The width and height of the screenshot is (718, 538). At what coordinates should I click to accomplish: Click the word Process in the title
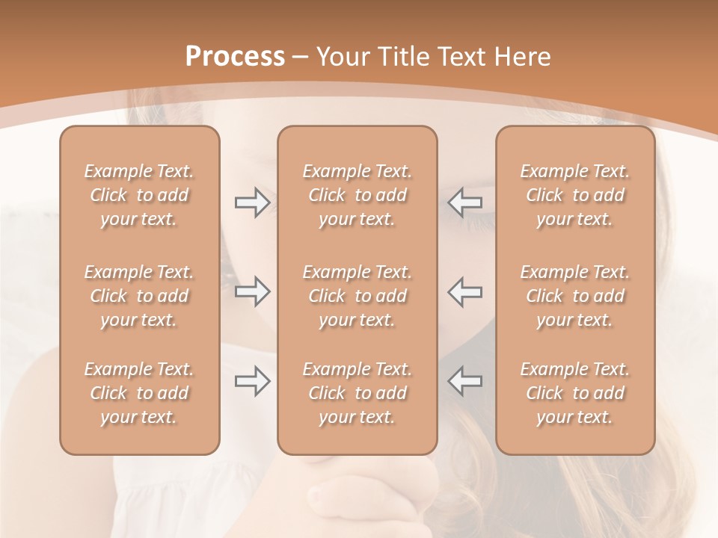tap(235, 57)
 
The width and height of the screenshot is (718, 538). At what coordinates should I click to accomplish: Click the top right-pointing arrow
tap(252, 202)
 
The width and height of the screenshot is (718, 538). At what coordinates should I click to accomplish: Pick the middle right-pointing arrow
tap(252, 291)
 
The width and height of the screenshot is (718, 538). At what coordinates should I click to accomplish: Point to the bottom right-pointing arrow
tap(252, 381)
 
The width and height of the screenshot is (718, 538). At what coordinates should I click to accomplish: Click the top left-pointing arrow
tap(465, 202)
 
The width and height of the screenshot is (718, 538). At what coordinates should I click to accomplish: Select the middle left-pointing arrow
tap(465, 291)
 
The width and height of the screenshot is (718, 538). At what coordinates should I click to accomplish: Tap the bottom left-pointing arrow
tap(465, 381)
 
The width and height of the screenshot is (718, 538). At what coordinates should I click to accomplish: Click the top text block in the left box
tap(139, 195)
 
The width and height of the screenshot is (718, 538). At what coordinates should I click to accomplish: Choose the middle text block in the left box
tap(139, 296)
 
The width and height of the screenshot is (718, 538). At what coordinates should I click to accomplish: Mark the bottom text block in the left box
tap(139, 393)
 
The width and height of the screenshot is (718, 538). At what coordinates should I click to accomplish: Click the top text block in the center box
tap(357, 195)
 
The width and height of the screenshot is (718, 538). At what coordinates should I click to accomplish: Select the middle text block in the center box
tap(357, 296)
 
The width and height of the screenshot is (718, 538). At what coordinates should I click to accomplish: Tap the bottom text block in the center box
tap(357, 393)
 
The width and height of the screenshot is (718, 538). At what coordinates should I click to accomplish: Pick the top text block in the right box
tap(574, 195)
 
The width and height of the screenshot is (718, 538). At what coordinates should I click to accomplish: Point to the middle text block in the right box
tap(574, 296)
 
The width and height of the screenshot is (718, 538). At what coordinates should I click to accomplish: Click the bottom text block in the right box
tap(574, 393)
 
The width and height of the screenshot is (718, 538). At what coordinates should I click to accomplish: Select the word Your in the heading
tap(343, 57)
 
